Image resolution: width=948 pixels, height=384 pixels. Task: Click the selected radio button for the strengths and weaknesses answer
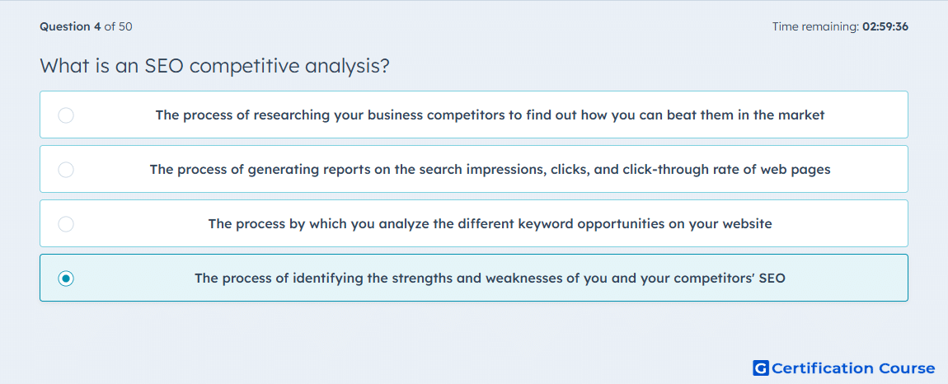66,279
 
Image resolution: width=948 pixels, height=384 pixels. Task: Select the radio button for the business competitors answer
66,115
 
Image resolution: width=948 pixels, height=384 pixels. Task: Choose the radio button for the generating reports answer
66,169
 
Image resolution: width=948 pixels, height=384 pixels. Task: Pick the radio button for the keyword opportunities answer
66,224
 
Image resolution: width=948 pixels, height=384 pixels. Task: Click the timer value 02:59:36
885,26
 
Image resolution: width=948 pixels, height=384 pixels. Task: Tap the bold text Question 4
70,26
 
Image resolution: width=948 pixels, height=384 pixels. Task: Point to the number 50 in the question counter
126,26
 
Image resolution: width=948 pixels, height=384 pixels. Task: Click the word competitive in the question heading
244,66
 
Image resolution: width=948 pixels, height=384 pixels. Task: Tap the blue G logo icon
761,368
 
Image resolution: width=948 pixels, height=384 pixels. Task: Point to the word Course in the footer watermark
906,368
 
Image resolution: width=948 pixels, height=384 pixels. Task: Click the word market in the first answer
800,115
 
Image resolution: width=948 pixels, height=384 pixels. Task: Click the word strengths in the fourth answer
419,279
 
